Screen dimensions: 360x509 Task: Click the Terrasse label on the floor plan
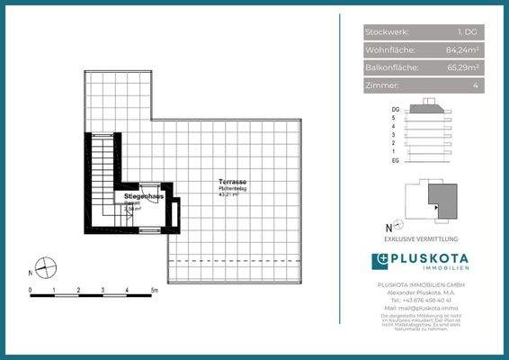tap(233, 183)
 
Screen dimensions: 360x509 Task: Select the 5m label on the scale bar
tap(155, 291)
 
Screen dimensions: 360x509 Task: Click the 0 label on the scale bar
tap(31, 291)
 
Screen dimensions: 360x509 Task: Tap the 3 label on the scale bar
tap(103, 291)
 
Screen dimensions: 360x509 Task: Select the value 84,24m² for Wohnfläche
tap(460, 49)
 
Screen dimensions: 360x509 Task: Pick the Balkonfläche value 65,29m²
tap(460, 67)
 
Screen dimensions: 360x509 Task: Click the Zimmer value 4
tap(474, 85)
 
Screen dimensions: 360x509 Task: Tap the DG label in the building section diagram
tap(395, 107)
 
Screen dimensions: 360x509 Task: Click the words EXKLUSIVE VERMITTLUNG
tap(421, 239)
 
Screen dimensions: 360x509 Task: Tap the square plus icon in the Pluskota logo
tap(380, 260)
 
